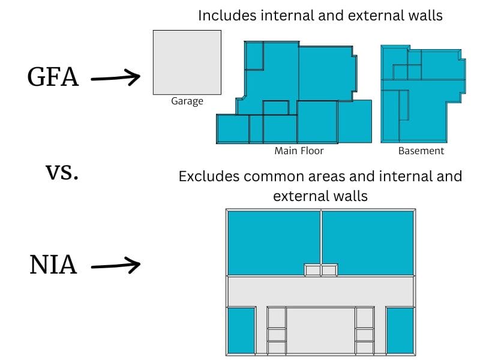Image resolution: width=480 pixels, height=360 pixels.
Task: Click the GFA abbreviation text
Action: pos(53,77)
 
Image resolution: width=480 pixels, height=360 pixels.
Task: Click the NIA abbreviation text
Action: pos(53,265)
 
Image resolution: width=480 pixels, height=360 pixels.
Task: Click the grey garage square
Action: pos(187,62)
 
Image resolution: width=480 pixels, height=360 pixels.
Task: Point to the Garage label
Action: pos(187,101)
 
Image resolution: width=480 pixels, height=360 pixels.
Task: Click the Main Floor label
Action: pos(299,151)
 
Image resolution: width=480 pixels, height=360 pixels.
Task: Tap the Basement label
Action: pos(421,151)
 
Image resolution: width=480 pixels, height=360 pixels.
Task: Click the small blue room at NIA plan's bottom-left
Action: pos(241,330)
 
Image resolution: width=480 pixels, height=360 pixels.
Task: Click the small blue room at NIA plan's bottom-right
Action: pos(400,330)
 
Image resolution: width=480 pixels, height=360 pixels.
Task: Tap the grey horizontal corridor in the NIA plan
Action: pos(320,291)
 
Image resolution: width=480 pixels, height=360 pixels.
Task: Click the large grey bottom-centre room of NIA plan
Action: pos(320,330)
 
